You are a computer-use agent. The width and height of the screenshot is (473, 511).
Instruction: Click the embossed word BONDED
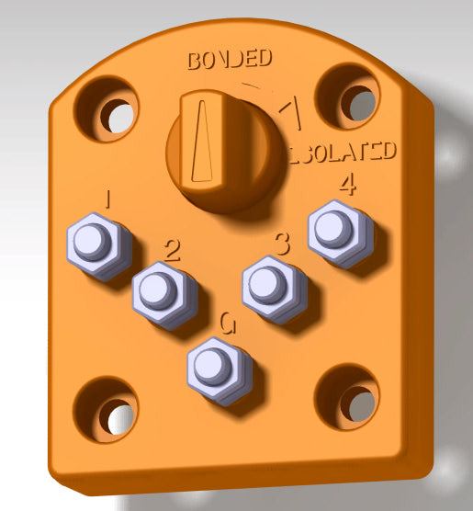coord(229,60)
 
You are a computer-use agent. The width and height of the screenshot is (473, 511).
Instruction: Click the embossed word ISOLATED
coord(343,152)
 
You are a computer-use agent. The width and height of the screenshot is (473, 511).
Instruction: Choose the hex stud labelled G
coord(220,364)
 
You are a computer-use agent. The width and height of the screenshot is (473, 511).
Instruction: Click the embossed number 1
coord(109,199)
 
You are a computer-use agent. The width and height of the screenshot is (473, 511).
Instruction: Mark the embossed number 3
coord(283,243)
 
